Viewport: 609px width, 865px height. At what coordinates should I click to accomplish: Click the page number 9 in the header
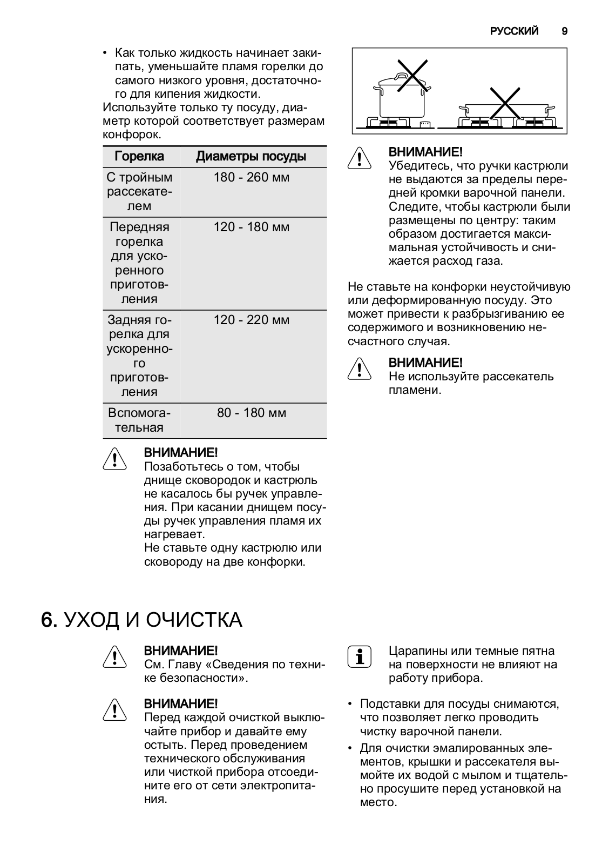(x=564, y=31)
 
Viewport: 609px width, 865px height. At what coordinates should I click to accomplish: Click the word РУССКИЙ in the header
(x=514, y=31)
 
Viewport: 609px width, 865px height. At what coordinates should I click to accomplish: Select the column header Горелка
(x=139, y=157)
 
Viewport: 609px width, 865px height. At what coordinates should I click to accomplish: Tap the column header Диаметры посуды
(x=251, y=157)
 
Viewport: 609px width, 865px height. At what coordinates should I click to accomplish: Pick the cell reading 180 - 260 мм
(x=252, y=177)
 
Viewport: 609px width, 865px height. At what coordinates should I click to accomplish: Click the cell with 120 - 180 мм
(x=252, y=227)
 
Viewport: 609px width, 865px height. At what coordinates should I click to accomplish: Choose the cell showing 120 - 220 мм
(x=252, y=320)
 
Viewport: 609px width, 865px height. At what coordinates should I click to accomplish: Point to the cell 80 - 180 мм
(x=252, y=413)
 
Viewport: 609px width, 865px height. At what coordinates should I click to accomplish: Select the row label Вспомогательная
(x=139, y=420)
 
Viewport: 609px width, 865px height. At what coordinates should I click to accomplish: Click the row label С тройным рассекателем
(x=139, y=191)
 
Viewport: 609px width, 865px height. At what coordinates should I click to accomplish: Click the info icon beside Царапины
(x=359, y=656)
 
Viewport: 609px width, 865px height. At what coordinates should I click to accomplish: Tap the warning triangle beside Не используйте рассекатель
(x=359, y=369)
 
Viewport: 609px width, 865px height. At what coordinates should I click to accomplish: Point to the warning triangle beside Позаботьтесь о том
(x=114, y=459)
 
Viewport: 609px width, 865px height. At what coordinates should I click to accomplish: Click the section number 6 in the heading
(x=49, y=620)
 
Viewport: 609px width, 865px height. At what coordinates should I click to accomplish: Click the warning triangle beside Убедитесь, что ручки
(x=359, y=159)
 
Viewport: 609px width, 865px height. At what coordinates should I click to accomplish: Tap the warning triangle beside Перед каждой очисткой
(x=114, y=710)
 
